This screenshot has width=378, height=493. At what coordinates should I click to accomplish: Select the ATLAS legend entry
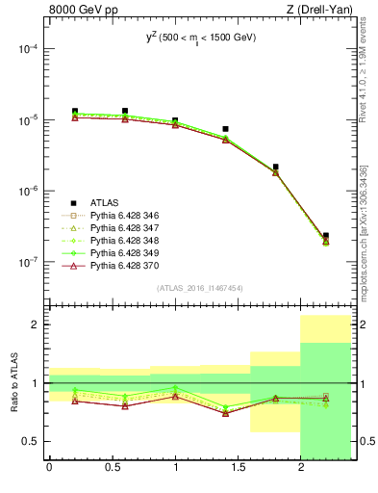[x=106, y=203]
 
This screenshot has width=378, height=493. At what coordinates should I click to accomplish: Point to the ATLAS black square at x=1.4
[x=225, y=129]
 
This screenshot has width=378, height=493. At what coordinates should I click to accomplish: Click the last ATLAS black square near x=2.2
[x=326, y=236]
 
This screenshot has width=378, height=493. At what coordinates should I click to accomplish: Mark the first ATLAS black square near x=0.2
[x=75, y=112]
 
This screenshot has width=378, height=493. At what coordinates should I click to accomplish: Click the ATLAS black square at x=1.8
[x=276, y=168]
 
